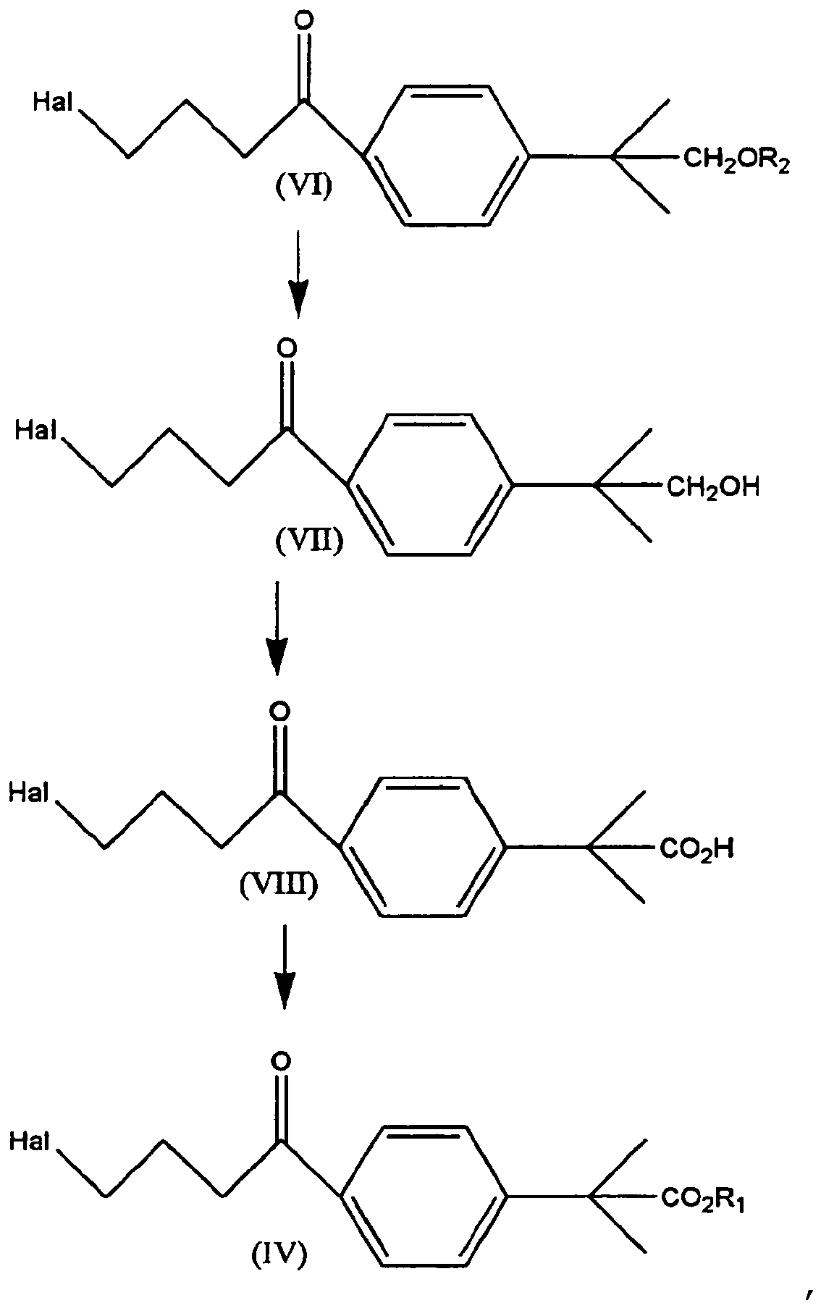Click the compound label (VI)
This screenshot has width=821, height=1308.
[x=302, y=189]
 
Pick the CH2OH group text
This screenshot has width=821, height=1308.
[x=712, y=487]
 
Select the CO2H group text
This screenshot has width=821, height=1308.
[x=696, y=848]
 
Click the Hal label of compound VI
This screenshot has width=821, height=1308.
[x=53, y=104]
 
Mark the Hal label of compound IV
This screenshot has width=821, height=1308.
[x=29, y=1142]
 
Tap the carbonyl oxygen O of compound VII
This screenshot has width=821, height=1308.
[x=287, y=348]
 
